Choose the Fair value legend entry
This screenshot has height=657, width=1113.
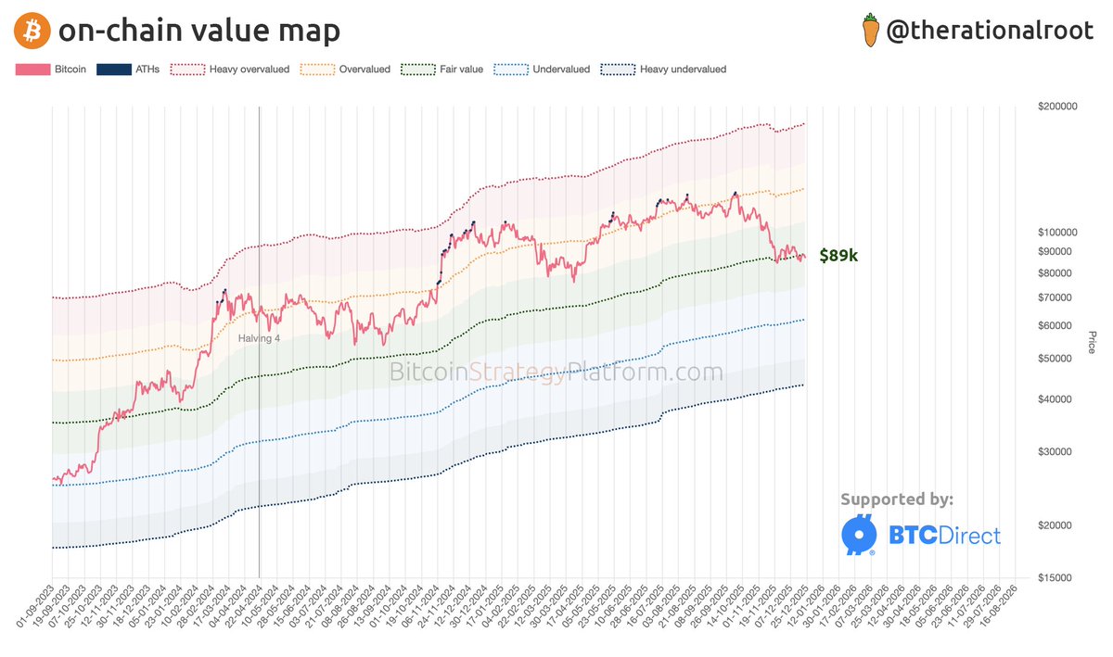pos(442,69)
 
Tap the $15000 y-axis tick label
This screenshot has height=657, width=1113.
pos(1057,577)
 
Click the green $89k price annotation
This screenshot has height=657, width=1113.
pos(838,256)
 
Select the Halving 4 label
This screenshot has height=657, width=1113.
pos(259,338)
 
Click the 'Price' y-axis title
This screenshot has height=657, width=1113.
pos(1092,342)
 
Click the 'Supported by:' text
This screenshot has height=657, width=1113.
pos(896,499)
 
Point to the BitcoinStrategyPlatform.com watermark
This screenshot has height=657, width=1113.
pos(555,373)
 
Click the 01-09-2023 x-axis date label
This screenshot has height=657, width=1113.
pos(37,609)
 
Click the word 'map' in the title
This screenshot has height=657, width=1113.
pos(306,32)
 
